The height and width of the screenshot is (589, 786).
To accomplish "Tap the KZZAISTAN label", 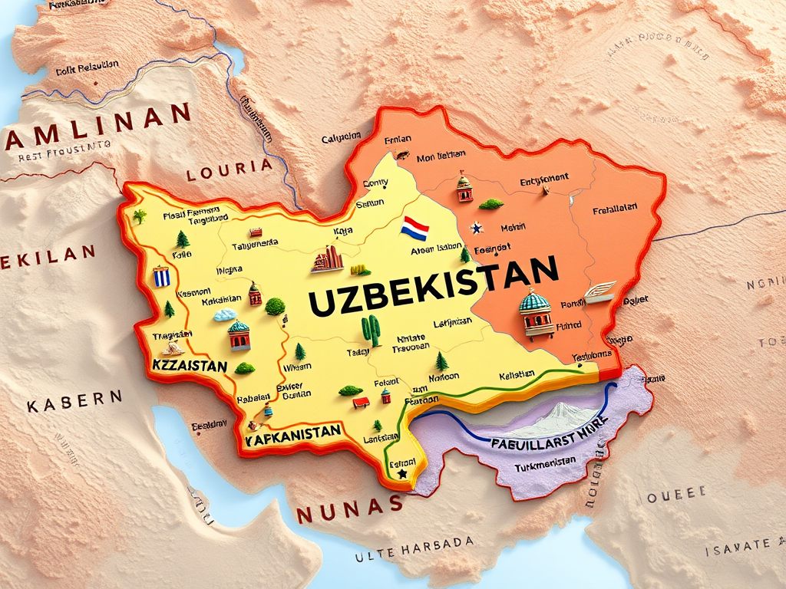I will point(190,366).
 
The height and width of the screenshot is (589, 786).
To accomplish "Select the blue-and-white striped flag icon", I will point(161,276).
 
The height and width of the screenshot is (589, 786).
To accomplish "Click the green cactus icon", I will point(371,330).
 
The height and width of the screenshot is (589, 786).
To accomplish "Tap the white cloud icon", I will point(225,314).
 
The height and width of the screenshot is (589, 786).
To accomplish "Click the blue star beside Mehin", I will point(476,228).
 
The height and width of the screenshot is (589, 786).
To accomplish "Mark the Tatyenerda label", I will point(255,244).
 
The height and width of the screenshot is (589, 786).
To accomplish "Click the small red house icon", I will point(361,402).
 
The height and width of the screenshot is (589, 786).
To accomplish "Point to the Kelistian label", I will point(517,375).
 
